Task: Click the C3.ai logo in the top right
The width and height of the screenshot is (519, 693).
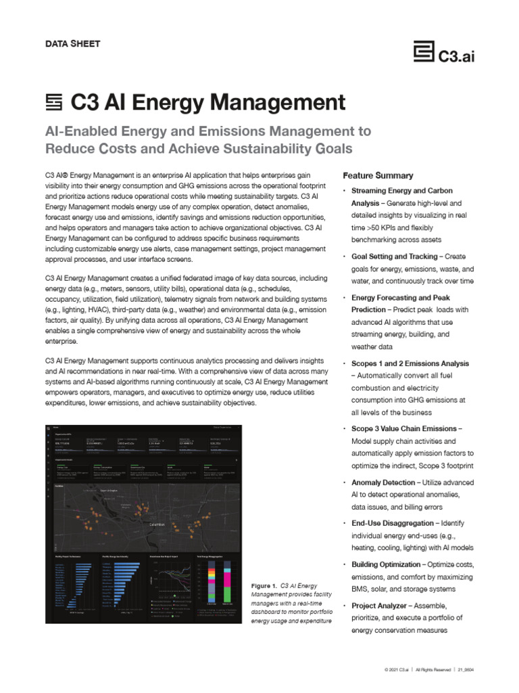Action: click(445, 53)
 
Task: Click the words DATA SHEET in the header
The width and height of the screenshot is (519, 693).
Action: click(72, 44)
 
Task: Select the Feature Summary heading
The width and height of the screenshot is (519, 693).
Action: click(378, 175)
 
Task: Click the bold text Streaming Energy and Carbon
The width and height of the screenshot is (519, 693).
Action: click(402, 191)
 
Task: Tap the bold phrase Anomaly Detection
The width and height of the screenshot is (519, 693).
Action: click(383, 483)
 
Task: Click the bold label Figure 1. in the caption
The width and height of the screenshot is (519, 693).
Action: click(264, 585)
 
